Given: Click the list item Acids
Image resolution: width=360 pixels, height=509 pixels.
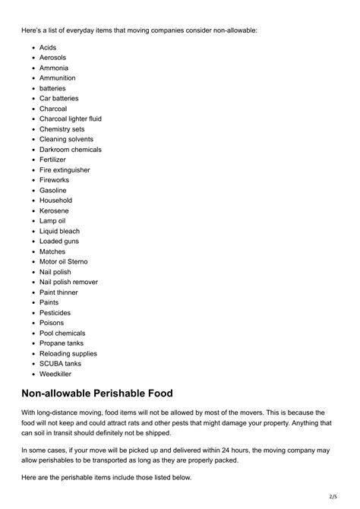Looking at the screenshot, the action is pos(47,47).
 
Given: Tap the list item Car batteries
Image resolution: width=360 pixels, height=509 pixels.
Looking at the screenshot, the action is pos(58,98).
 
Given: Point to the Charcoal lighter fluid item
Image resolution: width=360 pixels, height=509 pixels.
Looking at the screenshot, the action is pos(70,119).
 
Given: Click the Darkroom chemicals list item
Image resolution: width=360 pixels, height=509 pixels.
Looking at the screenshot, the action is pos(70,150).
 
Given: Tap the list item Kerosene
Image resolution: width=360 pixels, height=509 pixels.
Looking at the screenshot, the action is pos(54,210).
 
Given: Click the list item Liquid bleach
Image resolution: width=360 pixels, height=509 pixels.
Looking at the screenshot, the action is pos(59,231).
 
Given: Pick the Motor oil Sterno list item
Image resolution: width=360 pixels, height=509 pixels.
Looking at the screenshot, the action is pos(63,261).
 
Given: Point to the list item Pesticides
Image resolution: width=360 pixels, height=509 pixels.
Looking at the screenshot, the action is pos(55,312).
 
